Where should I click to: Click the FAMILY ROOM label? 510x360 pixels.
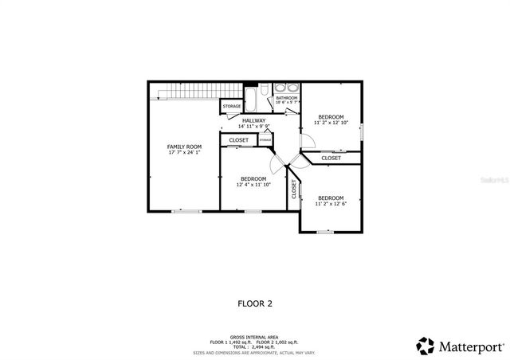[184, 147]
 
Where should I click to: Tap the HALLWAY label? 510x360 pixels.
[254, 121]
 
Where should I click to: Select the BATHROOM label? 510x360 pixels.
[286, 98]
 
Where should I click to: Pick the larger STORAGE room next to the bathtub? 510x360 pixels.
[232, 106]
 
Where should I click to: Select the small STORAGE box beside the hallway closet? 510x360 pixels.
[265, 140]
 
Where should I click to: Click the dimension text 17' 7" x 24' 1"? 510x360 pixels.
[184, 153]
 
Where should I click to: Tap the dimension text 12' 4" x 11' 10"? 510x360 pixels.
[253, 185]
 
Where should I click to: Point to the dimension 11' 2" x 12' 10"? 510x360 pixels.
[331, 123]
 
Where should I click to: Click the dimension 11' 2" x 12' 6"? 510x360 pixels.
[330, 204]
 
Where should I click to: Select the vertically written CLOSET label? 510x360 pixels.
[293, 190]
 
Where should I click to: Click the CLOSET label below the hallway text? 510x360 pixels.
[238, 140]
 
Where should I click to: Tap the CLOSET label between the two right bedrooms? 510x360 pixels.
[331, 158]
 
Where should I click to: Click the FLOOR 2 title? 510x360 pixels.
[255, 303]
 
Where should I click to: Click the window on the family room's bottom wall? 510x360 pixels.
[187, 211]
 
